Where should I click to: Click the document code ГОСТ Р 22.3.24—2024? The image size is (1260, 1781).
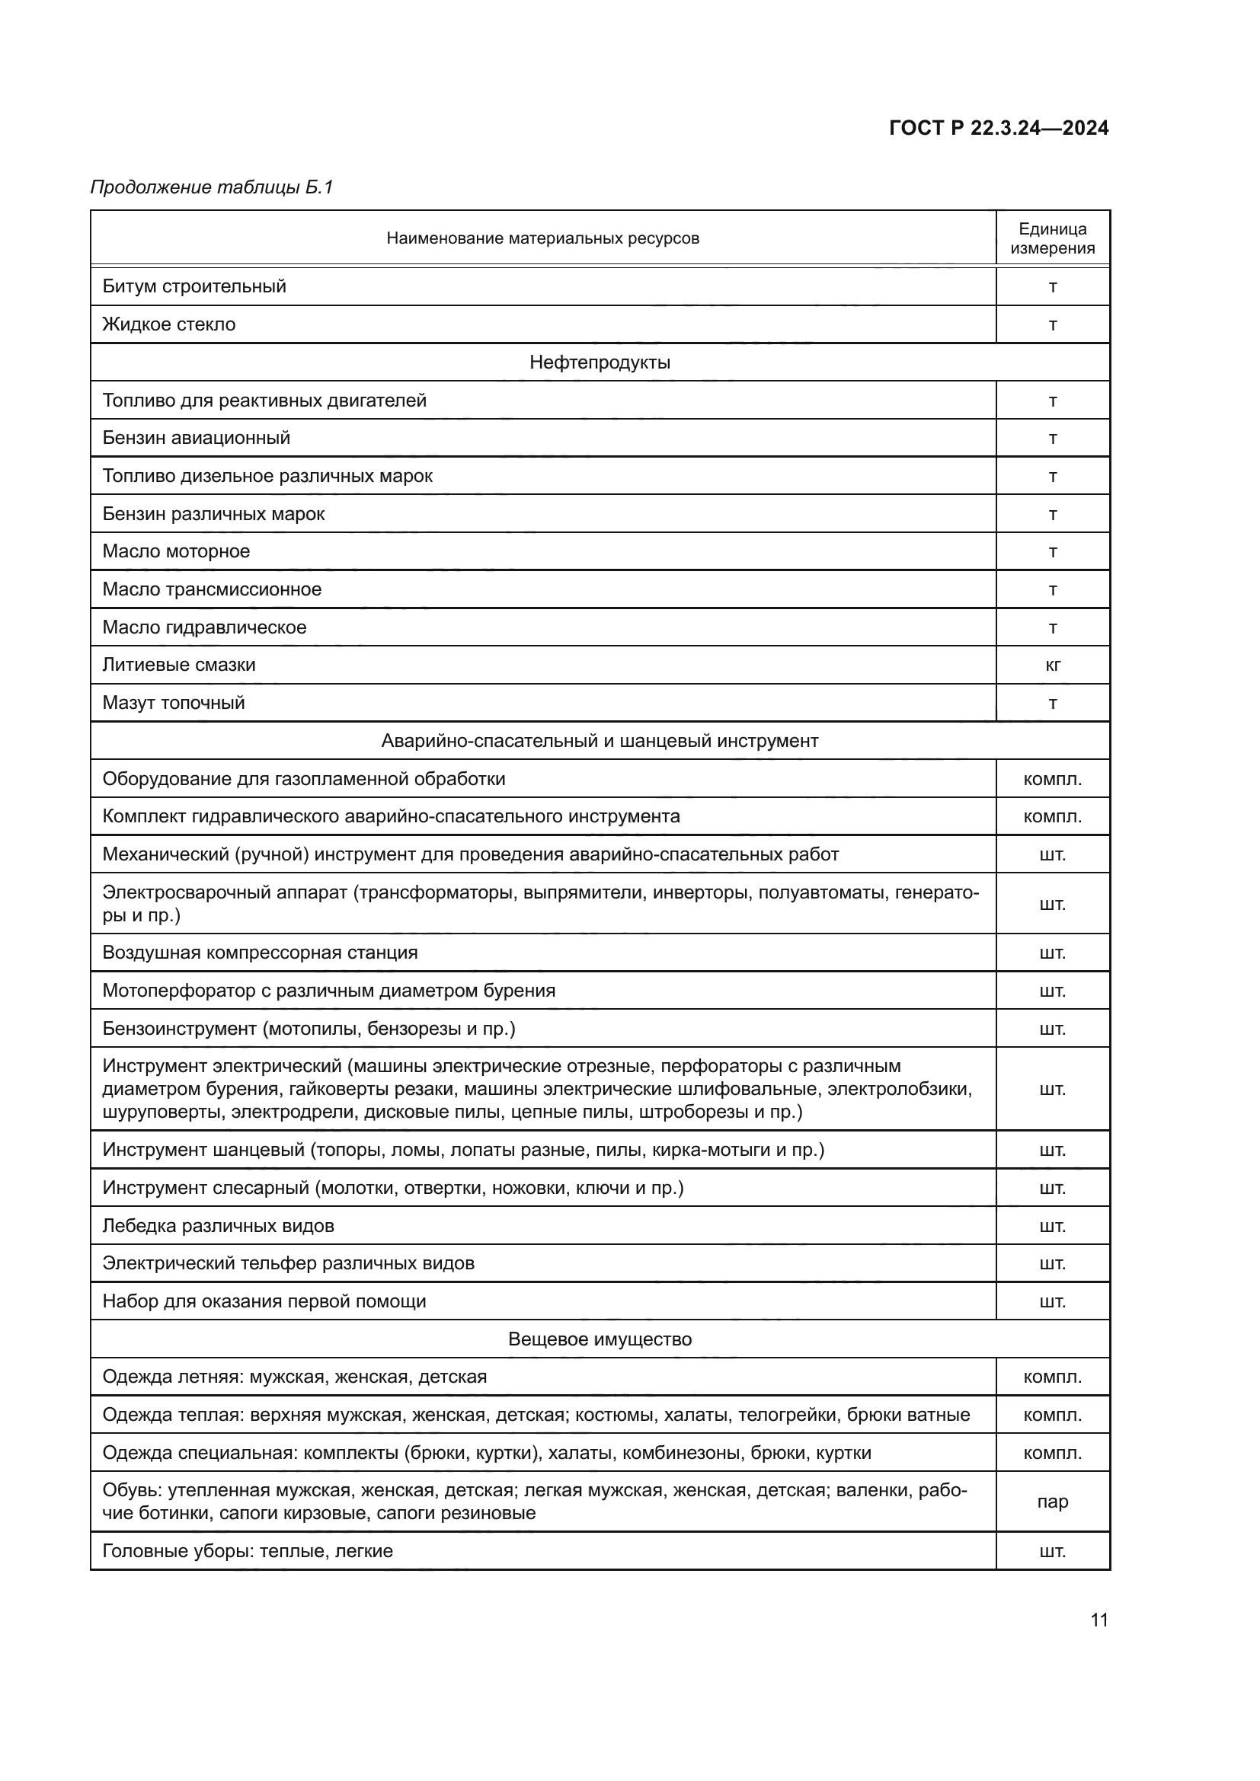point(999,129)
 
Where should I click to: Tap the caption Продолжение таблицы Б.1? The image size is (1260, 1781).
point(212,187)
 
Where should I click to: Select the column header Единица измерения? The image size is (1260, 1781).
point(1052,238)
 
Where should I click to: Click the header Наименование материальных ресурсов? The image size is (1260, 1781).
point(542,238)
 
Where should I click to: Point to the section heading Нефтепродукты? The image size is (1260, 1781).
point(600,362)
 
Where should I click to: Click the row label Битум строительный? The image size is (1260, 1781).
point(194,286)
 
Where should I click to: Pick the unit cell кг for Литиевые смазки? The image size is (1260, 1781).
point(1052,665)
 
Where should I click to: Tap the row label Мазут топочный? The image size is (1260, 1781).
point(174,703)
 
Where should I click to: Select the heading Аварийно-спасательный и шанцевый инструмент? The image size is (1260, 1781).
point(600,741)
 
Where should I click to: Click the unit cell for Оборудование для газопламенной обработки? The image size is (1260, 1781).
point(1052,779)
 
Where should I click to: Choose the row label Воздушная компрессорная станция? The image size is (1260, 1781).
point(260,953)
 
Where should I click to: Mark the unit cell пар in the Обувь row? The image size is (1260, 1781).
point(1052,1501)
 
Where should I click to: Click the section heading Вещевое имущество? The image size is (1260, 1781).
point(600,1339)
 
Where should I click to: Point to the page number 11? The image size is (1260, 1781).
point(1099,1620)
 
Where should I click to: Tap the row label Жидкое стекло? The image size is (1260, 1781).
point(169,324)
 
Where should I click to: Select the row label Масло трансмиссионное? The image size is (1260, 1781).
point(212,589)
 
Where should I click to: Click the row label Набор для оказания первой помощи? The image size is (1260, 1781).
point(264,1301)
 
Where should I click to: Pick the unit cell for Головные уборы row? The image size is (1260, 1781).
point(1052,1550)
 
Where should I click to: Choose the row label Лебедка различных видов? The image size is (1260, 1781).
point(218,1226)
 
